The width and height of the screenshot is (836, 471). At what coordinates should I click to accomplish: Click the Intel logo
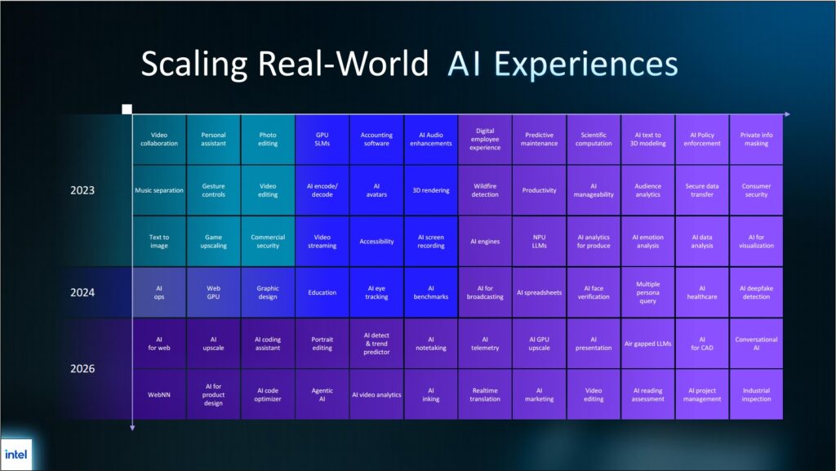(16, 455)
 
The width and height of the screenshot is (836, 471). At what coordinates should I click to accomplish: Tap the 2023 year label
(82, 190)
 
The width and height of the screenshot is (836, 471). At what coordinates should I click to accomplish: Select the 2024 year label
(82, 292)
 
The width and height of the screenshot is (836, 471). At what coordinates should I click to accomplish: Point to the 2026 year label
(82, 369)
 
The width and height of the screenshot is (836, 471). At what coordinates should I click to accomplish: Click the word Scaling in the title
(194, 64)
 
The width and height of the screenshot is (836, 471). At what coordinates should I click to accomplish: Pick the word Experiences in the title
(586, 64)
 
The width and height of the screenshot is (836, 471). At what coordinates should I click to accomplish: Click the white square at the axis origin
(127, 109)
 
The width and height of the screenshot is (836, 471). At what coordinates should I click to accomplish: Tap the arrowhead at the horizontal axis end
(788, 114)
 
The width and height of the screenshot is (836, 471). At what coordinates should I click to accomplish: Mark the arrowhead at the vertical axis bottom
(132, 427)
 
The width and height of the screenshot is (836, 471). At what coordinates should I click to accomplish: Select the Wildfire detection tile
(485, 190)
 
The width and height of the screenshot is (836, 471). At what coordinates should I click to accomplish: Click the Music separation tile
(159, 190)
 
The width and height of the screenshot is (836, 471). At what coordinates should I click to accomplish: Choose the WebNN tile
(159, 395)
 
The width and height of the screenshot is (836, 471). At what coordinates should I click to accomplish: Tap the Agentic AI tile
(322, 395)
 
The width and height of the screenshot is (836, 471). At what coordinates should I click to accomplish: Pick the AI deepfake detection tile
(756, 292)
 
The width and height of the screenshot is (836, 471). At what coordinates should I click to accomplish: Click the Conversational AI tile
(756, 344)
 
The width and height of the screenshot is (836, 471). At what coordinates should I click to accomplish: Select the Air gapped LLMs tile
(647, 344)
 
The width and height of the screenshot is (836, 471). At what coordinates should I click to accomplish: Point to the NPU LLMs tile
(539, 242)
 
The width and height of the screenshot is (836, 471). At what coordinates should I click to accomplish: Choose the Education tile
(322, 292)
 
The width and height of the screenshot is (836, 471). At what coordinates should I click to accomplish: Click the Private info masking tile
(756, 139)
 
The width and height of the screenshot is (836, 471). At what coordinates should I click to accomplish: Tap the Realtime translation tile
(485, 395)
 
